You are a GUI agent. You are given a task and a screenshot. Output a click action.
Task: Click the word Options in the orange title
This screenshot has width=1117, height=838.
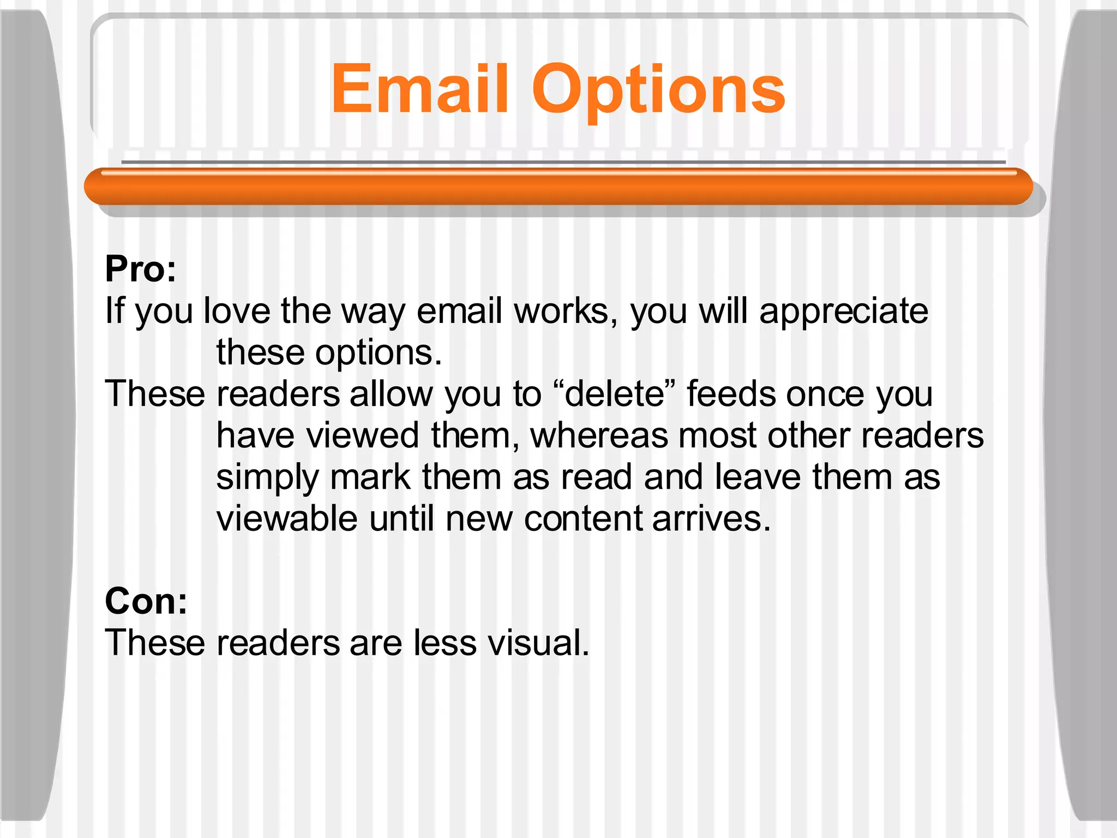click(x=658, y=90)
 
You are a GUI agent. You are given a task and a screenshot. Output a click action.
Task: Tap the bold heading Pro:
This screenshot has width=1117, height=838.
click(x=141, y=269)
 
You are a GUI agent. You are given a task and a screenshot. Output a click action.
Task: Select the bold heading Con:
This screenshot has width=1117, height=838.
click(x=146, y=601)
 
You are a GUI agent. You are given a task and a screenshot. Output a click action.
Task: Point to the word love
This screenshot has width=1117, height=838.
click(x=237, y=311)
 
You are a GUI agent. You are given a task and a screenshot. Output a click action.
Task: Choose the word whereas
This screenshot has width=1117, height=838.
click(x=598, y=435)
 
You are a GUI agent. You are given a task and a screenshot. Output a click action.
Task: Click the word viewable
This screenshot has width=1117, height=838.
click(x=287, y=518)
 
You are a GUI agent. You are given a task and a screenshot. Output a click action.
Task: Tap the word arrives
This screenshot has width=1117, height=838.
click(x=711, y=518)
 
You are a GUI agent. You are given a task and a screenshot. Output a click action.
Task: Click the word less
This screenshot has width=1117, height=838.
click(x=445, y=643)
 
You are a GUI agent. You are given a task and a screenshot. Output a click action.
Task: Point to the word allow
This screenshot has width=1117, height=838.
click(x=391, y=394)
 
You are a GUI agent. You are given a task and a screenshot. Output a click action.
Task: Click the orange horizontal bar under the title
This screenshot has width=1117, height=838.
click(x=558, y=187)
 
